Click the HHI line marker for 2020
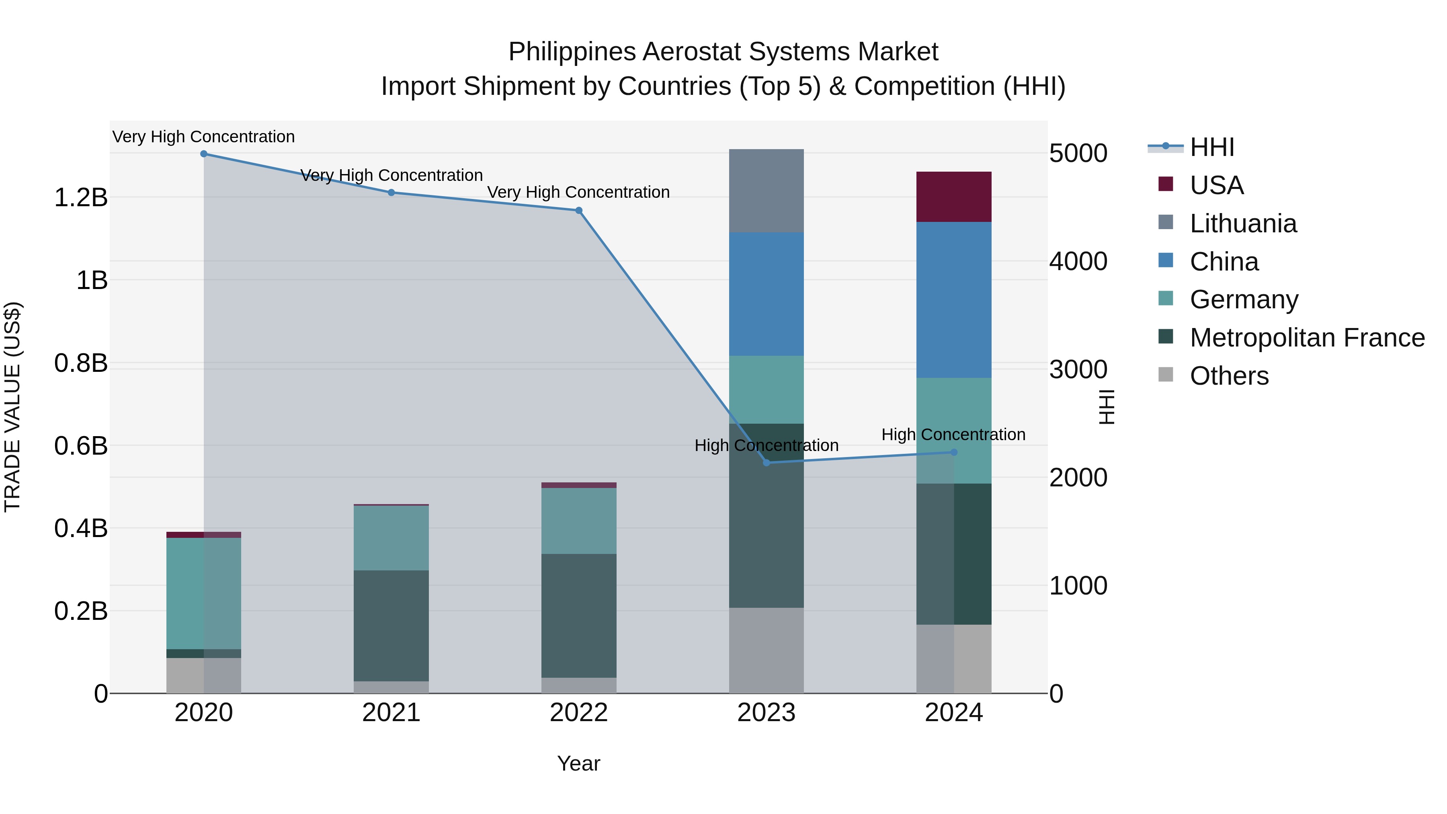(204, 154)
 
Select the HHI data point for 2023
(766, 462)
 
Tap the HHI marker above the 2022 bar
(578, 211)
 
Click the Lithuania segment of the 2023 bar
(766, 191)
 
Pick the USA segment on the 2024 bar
(953, 197)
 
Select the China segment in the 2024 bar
(953, 299)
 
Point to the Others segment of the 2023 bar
(766, 650)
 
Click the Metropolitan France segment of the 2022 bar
(578, 616)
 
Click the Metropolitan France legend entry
(1307, 338)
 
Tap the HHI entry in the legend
(1211, 147)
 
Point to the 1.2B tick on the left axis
(81, 198)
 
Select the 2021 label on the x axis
(391, 713)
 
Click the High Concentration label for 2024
(953, 435)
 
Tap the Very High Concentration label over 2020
(203, 137)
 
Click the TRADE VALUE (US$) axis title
(12, 407)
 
